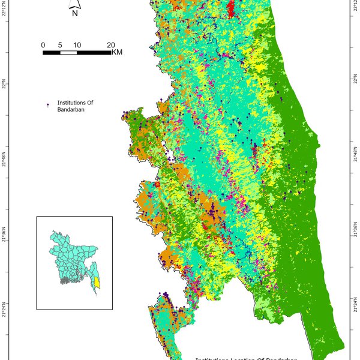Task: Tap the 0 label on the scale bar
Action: point(43,46)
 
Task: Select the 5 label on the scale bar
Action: point(60,46)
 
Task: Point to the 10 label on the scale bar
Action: point(77,46)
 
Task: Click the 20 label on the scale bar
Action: point(111,46)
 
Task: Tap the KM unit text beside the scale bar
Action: point(117,53)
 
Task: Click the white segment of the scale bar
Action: point(68,53)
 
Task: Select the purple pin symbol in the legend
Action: point(48,105)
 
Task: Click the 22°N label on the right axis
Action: point(355,82)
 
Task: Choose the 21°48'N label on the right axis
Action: point(355,155)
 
